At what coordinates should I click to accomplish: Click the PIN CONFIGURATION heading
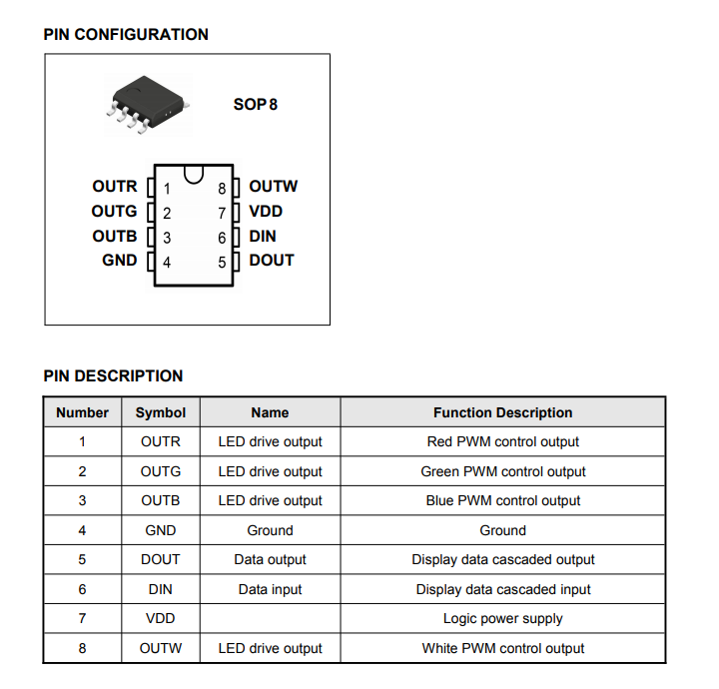tap(126, 34)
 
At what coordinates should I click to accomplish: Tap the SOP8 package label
tap(256, 105)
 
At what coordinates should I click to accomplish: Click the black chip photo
tap(148, 104)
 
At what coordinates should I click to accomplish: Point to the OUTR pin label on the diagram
tap(115, 186)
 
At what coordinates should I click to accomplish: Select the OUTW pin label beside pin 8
tap(274, 186)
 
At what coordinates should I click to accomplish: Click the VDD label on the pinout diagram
tap(266, 212)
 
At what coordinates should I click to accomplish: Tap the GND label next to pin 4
tap(120, 261)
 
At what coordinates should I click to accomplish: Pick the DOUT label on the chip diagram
tap(272, 261)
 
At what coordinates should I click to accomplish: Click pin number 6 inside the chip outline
tap(222, 238)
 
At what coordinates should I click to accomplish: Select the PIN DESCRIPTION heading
tap(113, 375)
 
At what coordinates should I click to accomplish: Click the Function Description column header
tap(503, 412)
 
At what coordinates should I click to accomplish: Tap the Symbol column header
tap(161, 412)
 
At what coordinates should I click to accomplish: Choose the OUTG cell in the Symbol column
tap(161, 471)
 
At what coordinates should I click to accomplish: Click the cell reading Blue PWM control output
tap(503, 500)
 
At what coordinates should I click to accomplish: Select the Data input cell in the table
tap(270, 589)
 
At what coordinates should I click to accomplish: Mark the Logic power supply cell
tap(503, 618)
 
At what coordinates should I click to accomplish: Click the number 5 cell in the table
tap(82, 559)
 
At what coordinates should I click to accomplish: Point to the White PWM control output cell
tap(503, 648)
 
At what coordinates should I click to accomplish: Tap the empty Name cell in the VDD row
tap(270, 618)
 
